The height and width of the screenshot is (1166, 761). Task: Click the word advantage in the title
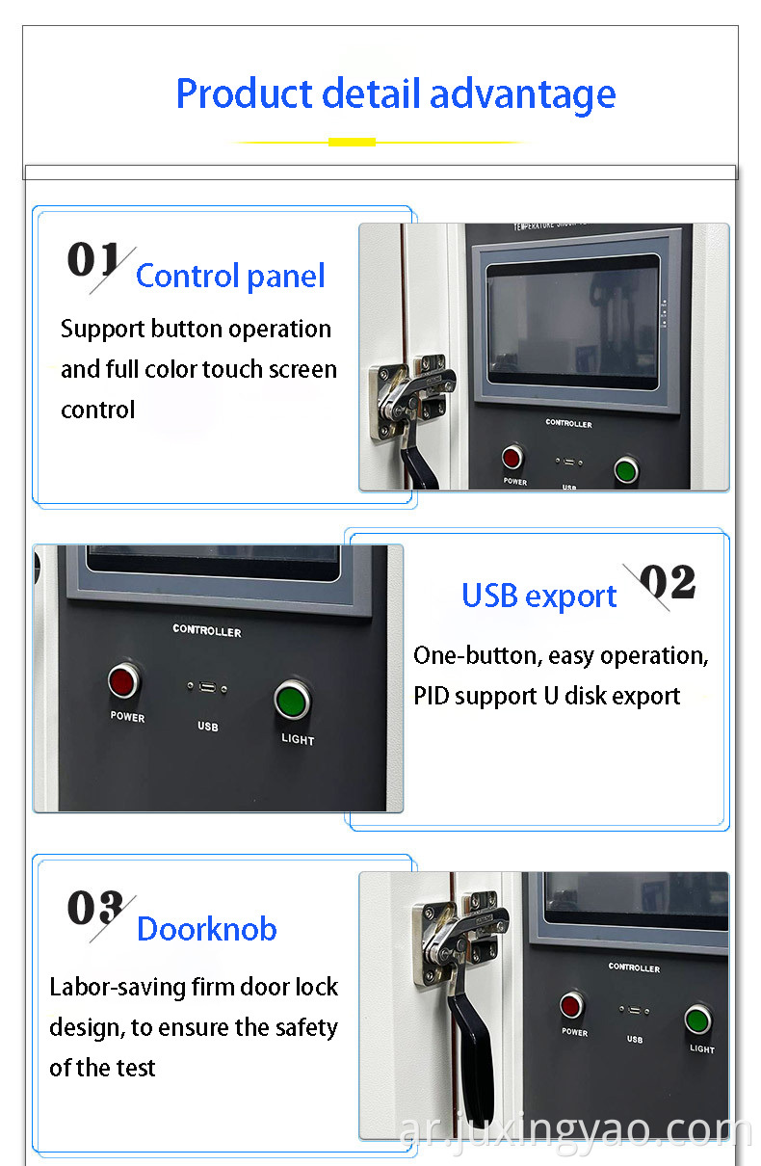tap(522, 95)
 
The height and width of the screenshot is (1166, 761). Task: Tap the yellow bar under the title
tap(352, 142)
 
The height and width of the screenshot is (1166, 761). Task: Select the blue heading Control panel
tap(230, 277)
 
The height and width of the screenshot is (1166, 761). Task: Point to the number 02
tap(667, 583)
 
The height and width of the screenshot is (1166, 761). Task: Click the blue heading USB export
tap(538, 596)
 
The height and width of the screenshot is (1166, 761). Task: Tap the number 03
tap(94, 909)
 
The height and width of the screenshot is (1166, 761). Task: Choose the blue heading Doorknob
tap(207, 930)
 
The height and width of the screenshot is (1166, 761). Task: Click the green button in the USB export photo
tap(291, 701)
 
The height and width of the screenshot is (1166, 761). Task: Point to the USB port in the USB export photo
tap(207, 688)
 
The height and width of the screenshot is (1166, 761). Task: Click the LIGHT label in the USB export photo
tap(298, 740)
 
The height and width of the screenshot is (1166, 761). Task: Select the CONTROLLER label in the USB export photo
tap(207, 630)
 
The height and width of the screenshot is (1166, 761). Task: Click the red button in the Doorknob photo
tap(572, 1006)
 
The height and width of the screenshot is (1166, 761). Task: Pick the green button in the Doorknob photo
tap(698, 1020)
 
